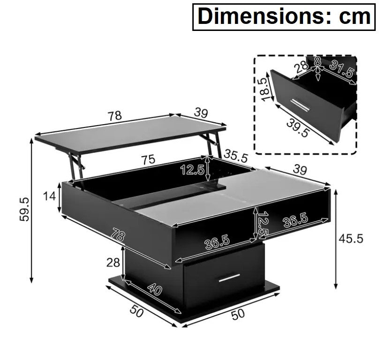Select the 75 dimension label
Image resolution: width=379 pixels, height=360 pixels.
tap(148, 159)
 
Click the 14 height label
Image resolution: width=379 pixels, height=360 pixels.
tap(49, 196)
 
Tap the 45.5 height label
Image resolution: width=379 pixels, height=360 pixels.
tap(351, 239)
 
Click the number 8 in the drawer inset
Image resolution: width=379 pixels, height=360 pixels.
tap(318, 62)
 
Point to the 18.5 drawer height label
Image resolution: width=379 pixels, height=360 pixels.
tap(266, 89)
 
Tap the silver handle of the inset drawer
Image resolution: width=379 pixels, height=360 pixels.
tap(301, 105)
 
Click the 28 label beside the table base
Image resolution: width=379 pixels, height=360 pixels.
tap(113, 262)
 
